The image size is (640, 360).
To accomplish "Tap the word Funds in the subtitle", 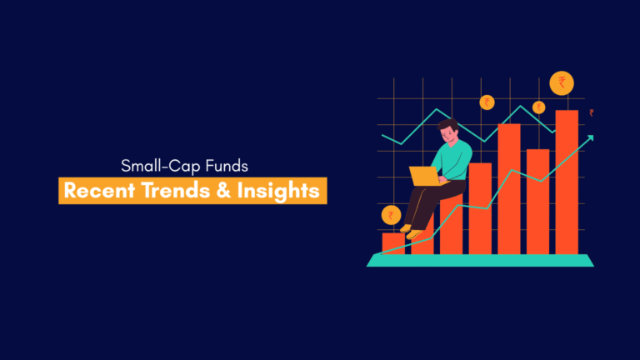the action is tap(227, 166).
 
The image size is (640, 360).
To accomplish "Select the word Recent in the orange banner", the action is tap(99, 191).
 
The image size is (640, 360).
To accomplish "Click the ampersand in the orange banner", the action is tap(223, 191).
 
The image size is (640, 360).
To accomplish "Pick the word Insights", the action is tap(278, 192).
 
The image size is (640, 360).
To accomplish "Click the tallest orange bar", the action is tap(567, 182).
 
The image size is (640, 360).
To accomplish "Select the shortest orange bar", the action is tap(393, 243).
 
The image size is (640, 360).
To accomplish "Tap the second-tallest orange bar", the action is tap(509, 189).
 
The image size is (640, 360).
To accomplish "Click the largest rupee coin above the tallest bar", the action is tap(562, 82).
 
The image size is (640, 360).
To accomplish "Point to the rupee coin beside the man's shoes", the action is tap(391, 215).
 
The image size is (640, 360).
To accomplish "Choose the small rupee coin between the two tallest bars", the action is tap(539, 107).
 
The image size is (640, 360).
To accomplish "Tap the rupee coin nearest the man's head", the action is tap(487, 102).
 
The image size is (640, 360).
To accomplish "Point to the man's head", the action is tap(449, 131).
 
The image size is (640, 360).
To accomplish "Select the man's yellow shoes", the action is tap(411, 232).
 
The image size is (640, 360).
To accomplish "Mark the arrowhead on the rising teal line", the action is tap(590, 138).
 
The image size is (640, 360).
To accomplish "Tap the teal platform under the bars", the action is tap(480, 260).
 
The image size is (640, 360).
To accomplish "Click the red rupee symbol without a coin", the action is tap(592, 112).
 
